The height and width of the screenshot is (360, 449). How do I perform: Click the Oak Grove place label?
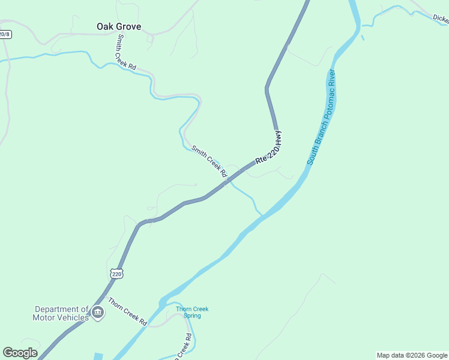click(x=119, y=26)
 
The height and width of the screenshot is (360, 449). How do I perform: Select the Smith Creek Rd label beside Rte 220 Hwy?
click(x=209, y=161)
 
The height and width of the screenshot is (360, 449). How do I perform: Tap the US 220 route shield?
click(x=117, y=274)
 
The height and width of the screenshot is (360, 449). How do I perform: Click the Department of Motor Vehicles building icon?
click(x=98, y=313)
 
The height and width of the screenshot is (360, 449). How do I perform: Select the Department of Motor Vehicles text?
click(x=62, y=313)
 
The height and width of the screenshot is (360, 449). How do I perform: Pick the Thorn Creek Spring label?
click(x=192, y=312)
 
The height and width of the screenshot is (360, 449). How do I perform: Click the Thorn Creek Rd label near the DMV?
click(x=127, y=311)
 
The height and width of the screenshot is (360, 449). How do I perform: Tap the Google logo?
click(x=20, y=353)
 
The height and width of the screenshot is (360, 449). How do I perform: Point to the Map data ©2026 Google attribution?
click(x=412, y=355)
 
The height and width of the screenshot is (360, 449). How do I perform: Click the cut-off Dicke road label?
click(x=441, y=19)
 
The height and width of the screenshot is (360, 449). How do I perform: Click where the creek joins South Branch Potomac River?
click(x=262, y=214)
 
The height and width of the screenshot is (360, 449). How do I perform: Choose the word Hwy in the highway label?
click(x=277, y=140)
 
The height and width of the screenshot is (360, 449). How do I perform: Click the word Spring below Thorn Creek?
click(x=192, y=316)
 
